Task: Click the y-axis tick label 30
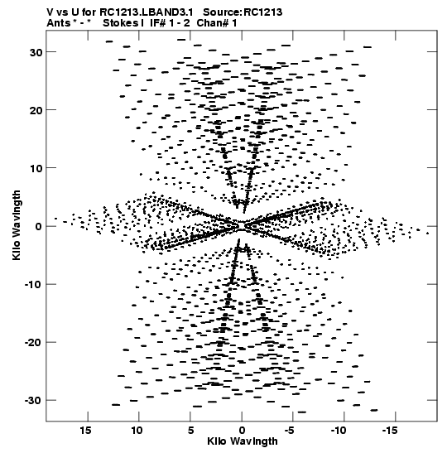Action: pos(36,52)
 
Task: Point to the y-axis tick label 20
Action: pos(36,110)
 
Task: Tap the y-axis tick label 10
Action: pos(36,168)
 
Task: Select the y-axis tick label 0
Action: pos(39,227)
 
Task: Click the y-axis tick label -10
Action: pos(34,285)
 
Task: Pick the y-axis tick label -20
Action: pos(34,343)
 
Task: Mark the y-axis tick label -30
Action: pos(34,401)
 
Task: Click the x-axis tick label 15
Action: pos(85,431)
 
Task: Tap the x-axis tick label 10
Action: pos(137,431)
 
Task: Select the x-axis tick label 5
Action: pos(190,431)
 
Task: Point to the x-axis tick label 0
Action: pos(242,431)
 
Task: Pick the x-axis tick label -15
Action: pos(390,431)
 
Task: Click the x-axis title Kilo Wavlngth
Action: pos(243,441)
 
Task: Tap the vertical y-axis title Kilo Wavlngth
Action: pos(17,225)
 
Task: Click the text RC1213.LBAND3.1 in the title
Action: pos(147,12)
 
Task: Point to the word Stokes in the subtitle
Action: pos(121,23)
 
